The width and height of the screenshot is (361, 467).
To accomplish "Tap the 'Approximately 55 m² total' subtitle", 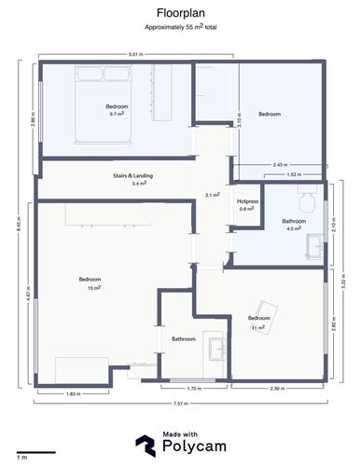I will point(180,30).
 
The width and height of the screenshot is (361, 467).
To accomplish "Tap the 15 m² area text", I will point(90,287).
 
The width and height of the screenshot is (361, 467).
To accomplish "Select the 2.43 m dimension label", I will point(278,165).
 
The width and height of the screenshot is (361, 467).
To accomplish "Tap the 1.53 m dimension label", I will point(292,174).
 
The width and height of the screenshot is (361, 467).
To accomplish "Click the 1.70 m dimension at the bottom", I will point(194,389).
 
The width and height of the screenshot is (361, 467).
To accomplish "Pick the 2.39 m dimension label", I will point(277,389).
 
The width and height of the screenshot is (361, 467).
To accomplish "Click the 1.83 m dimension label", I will point(72,393).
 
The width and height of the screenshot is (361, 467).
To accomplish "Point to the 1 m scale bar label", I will point(21,458).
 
